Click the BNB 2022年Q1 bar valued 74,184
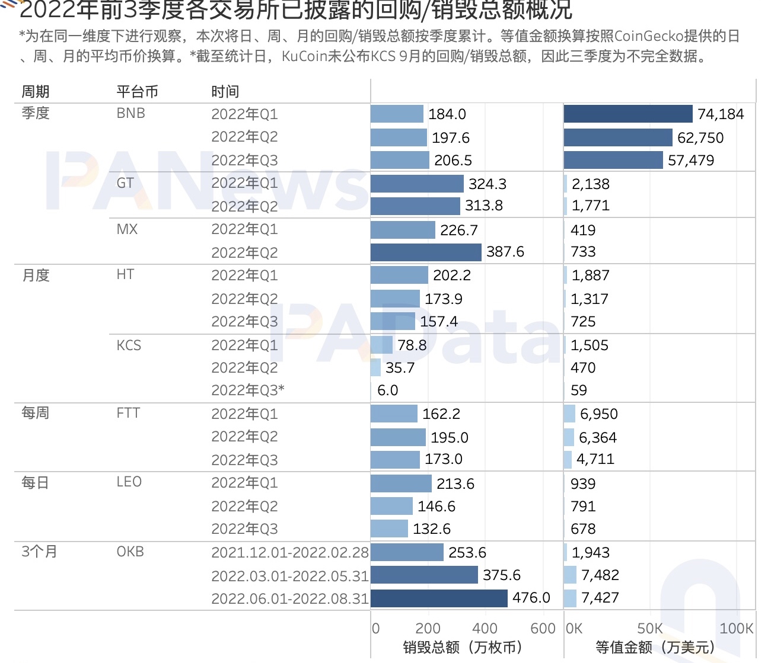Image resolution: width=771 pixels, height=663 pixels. coord(627,114)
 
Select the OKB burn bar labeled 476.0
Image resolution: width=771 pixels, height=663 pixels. coord(439,598)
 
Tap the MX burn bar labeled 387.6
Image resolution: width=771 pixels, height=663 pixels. coord(426,252)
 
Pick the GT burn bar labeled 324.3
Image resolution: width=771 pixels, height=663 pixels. coord(417,184)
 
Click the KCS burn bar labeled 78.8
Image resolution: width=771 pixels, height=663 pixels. coord(381,345)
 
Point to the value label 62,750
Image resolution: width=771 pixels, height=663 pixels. coord(700,137)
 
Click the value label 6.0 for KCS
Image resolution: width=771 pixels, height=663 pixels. coord(387,390)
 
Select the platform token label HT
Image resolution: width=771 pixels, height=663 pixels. coord(125,275)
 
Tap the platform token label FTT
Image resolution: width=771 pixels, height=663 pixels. coord(128,413)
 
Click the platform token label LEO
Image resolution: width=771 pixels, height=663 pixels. coord(129,482)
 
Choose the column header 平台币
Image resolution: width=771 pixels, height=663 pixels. coord(137,92)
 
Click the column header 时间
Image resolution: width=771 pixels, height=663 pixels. coord(225,92)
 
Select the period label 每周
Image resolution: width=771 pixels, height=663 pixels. coord(35,413)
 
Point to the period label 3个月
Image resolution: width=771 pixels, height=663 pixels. coord(39,552)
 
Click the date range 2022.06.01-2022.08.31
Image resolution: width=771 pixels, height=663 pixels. coord(290,598)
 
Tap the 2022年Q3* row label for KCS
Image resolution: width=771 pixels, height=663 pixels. coord(248,390)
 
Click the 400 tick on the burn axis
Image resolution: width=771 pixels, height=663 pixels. coord(485,629)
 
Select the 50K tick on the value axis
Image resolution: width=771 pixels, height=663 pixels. coord(649,629)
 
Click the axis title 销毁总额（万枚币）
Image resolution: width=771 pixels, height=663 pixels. coord(463,647)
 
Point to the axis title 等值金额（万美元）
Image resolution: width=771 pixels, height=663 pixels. coord(655,647)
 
